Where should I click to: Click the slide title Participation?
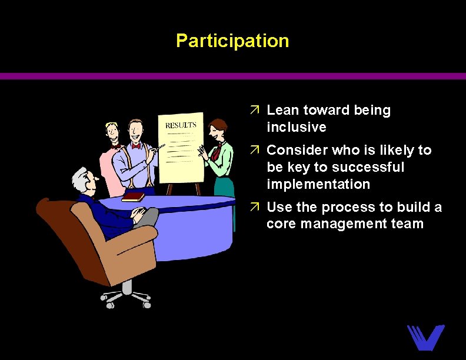232,41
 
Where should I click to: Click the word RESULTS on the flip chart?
181,125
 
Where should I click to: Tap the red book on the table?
134,196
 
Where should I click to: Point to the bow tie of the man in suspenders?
138,145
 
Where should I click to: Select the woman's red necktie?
217,152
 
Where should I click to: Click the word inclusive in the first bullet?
296,127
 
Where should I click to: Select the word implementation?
318,184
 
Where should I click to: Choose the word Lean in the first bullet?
283,110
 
